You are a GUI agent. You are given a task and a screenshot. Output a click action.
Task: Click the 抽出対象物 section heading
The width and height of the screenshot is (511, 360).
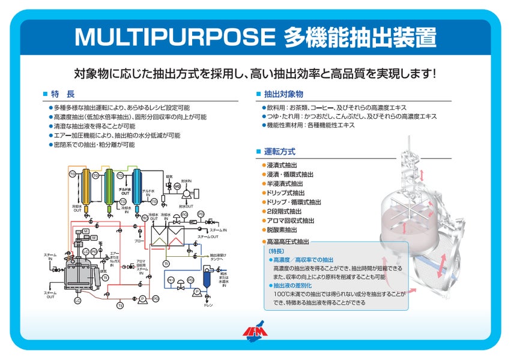pos(283,94)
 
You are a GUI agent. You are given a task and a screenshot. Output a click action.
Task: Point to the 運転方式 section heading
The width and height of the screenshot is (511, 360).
pos(279,152)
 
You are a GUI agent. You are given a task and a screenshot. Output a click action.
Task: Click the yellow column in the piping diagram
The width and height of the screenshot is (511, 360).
pos(86,188)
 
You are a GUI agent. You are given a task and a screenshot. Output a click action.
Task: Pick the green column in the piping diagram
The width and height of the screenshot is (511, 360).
pos(110,188)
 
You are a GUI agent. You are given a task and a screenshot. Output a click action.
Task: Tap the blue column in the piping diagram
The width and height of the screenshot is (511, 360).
pos(136,188)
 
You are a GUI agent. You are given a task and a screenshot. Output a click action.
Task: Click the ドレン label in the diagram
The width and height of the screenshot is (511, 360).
pos(208,306)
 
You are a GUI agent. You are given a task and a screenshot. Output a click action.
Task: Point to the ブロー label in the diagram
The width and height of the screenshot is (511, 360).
pos(139,241)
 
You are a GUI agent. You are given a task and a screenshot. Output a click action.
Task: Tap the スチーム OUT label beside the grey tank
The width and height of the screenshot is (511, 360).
pos(50,294)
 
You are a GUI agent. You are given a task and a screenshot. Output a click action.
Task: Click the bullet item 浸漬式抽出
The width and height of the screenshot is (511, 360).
pos(282,165)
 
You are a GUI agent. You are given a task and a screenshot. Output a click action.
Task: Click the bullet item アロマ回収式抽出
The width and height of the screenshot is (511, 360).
pos(290,221)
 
